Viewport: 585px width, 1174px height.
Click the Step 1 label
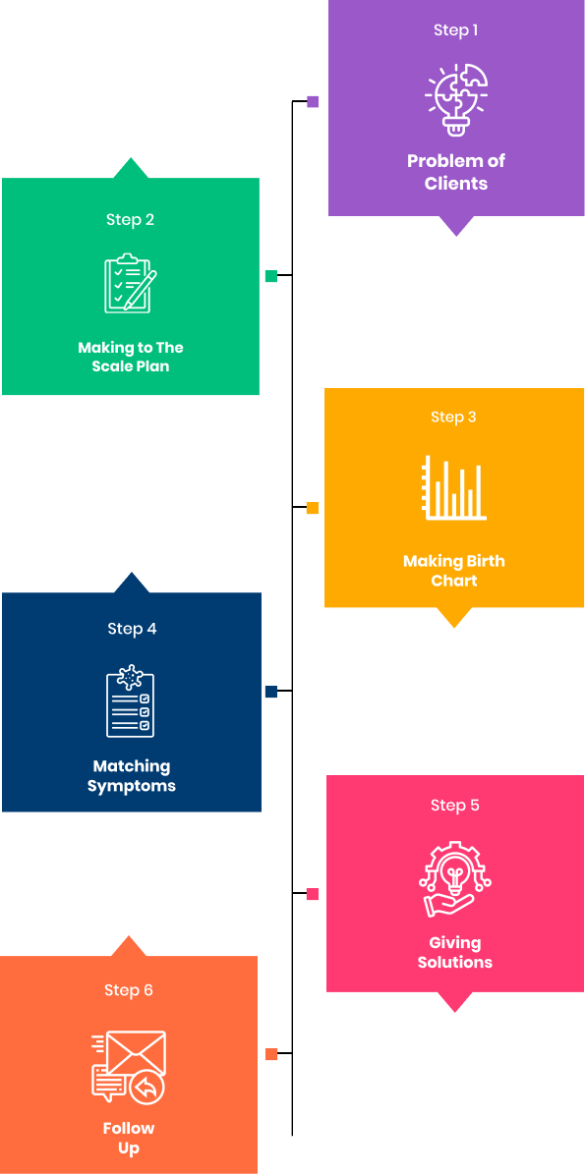tap(455, 30)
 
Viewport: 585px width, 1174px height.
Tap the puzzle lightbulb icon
tap(456, 99)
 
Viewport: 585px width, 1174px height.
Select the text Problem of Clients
tap(456, 172)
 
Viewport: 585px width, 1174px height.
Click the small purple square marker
tap(313, 102)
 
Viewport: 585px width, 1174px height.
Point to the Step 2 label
tap(131, 220)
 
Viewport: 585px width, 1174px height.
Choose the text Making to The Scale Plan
tap(131, 358)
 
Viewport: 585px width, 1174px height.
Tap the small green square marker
tap(271, 276)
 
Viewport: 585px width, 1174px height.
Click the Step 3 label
tap(453, 417)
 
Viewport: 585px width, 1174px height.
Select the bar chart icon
tap(454, 487)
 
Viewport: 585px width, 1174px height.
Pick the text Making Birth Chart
tap(454, 571)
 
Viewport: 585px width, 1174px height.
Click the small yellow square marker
tap(313, 508)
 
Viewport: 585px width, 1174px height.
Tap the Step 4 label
tap(132, 629)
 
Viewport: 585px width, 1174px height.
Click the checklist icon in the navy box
tap(131, 701)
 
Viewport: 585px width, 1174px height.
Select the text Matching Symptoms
tap(132, 776)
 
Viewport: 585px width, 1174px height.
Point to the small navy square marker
tap(271, 692)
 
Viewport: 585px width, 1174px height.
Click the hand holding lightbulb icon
tap(454, 879)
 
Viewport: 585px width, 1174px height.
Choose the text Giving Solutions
tap(454, 952)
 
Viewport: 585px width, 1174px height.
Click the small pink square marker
tap(313, 894)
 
